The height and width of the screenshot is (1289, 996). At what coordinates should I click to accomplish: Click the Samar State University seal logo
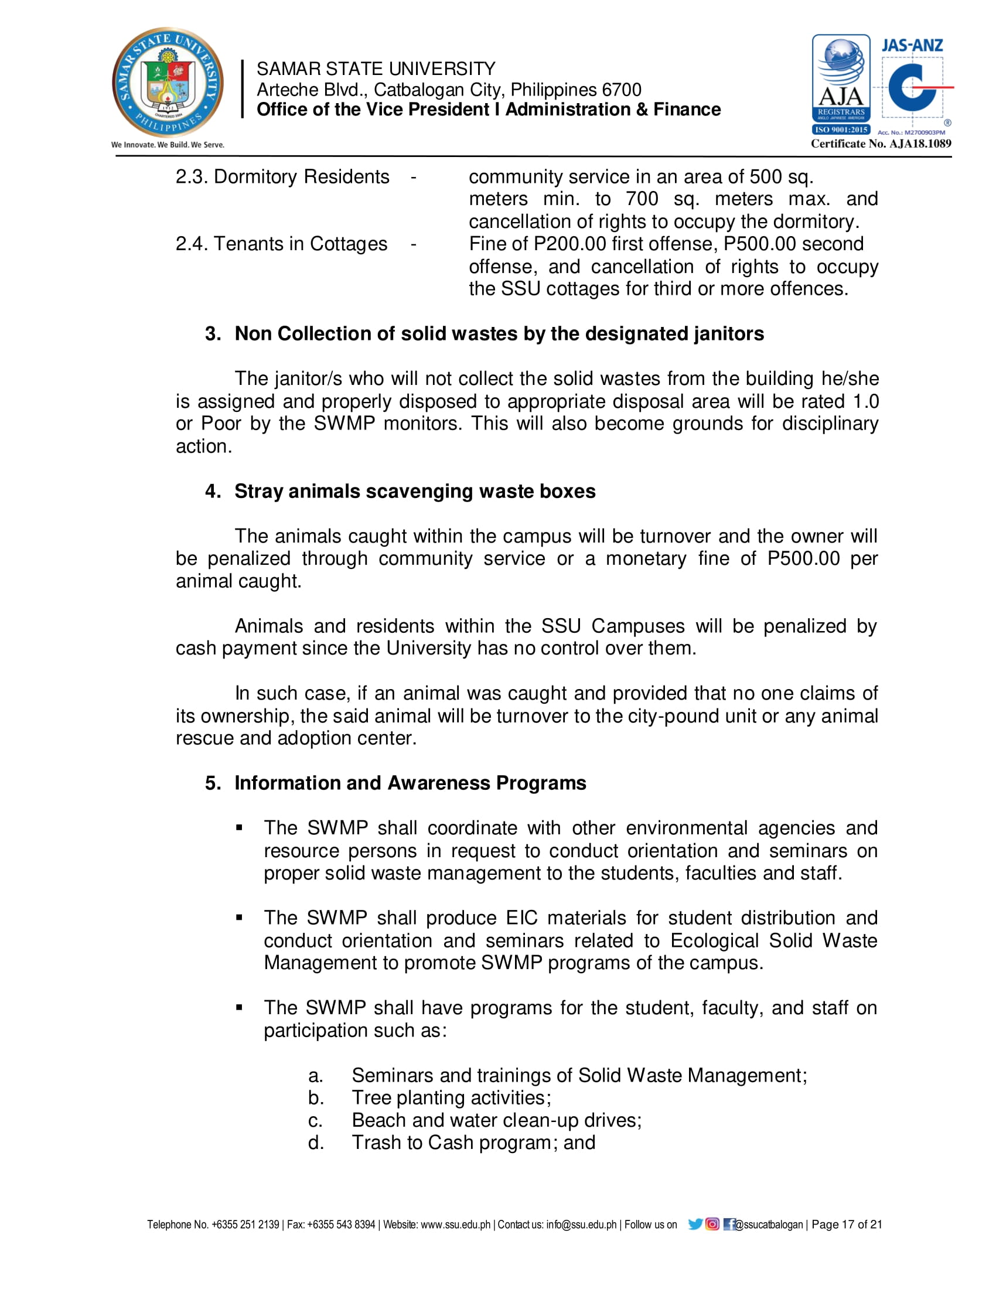point(168,83)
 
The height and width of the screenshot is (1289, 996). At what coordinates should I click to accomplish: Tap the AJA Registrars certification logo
point(841,84)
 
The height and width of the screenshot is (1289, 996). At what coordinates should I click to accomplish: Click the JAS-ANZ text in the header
point(912,46)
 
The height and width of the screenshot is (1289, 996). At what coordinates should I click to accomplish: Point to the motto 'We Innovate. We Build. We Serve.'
point(168,145)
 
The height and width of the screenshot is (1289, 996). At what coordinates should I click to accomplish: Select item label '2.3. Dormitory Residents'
point(282,176)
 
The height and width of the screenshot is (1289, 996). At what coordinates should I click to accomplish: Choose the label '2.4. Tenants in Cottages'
point(281,244)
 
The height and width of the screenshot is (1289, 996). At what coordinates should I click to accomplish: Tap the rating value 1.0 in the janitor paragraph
point(865,401)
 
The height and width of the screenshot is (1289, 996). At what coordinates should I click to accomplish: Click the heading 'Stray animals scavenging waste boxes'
point(415,491)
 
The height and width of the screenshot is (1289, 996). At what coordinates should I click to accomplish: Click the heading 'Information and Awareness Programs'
point(410,783)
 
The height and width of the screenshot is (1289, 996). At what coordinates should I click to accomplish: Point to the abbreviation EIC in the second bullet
point(521,918)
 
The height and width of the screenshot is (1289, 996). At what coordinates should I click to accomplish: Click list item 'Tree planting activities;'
point(451,1097)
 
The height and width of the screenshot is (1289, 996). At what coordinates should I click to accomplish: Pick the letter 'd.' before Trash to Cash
point(316,1143)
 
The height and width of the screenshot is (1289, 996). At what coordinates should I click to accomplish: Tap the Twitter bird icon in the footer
point(695,1224)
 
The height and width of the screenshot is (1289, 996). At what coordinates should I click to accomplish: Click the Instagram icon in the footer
point(712,1224)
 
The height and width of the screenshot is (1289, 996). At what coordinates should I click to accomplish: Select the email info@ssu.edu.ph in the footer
point(581,1225)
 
